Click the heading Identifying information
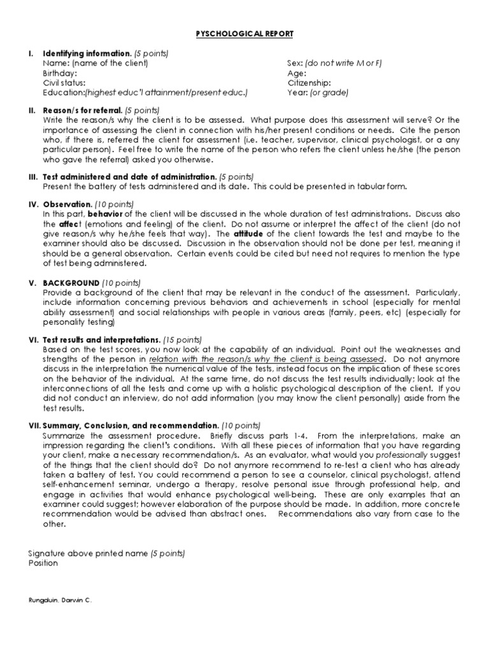87,53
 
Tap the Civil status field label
64,83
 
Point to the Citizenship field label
309,83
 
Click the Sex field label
295,62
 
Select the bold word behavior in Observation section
113,214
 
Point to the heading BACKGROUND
71,283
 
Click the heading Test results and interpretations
102,340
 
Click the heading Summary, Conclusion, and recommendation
131,425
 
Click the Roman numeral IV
32,204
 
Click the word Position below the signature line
43,563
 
